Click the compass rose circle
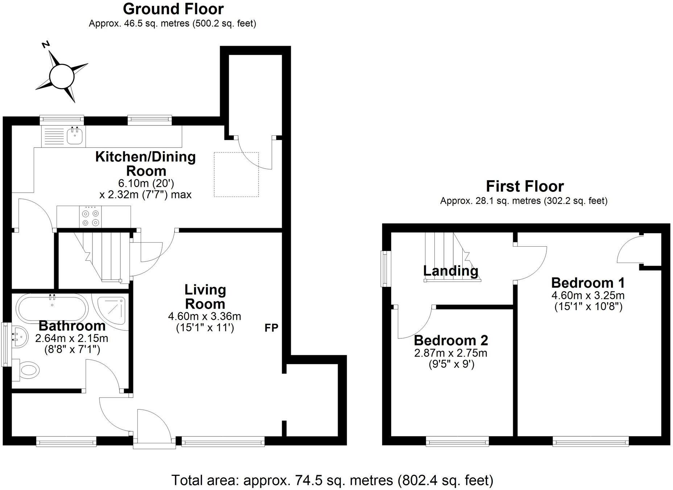(x=62, y=77)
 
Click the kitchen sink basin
(x=75, y=137)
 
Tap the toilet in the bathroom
(x=28, y=370)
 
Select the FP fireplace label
(x=271, y=328)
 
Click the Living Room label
(x=205, y=297)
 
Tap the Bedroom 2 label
(x=451, y=341)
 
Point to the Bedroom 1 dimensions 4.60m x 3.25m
(x=588, y=295)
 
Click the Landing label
(x=450, y=271)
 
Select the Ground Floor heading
(x=173, y=9)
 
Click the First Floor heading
(x=524, y=186)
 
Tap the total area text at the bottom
(x=332, y=480)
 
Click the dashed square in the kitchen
(x=236, y=174)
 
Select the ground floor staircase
(x=103, y=256)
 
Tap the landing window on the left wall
(x=384, y=268)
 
